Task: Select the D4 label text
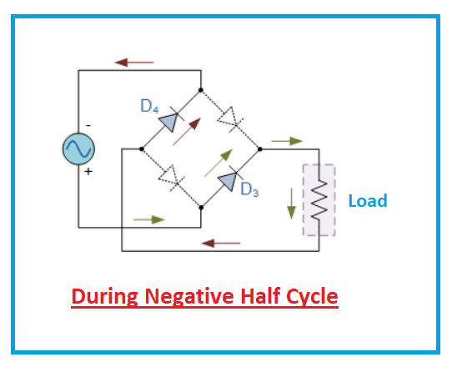point(149,106)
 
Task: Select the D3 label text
point(250,189)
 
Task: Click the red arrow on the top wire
point(134,62)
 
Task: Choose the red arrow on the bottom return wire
point(221,244)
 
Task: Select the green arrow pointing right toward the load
point(286,141)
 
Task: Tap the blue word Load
point(368,201)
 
